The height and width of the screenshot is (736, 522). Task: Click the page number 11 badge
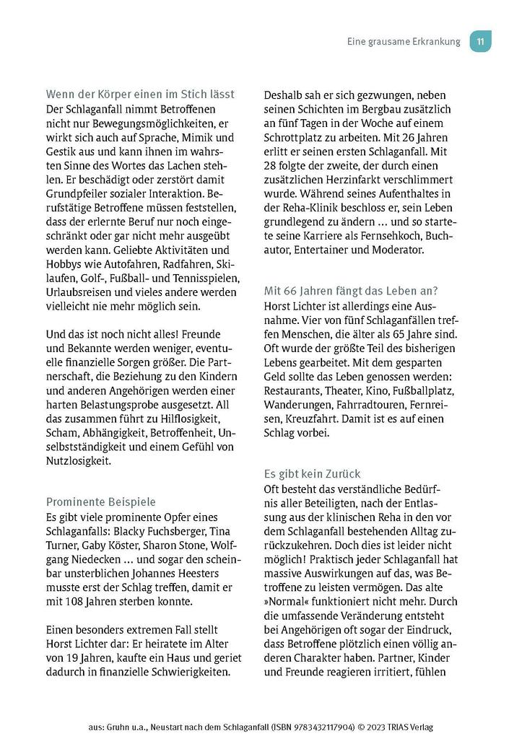481,41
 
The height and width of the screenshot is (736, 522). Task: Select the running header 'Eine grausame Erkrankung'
403,42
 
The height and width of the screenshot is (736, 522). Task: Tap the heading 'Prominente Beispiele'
100,501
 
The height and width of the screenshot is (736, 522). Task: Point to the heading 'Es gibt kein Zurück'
312,474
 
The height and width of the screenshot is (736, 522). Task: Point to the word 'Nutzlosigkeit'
79,461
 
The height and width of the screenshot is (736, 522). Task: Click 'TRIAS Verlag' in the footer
404,726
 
